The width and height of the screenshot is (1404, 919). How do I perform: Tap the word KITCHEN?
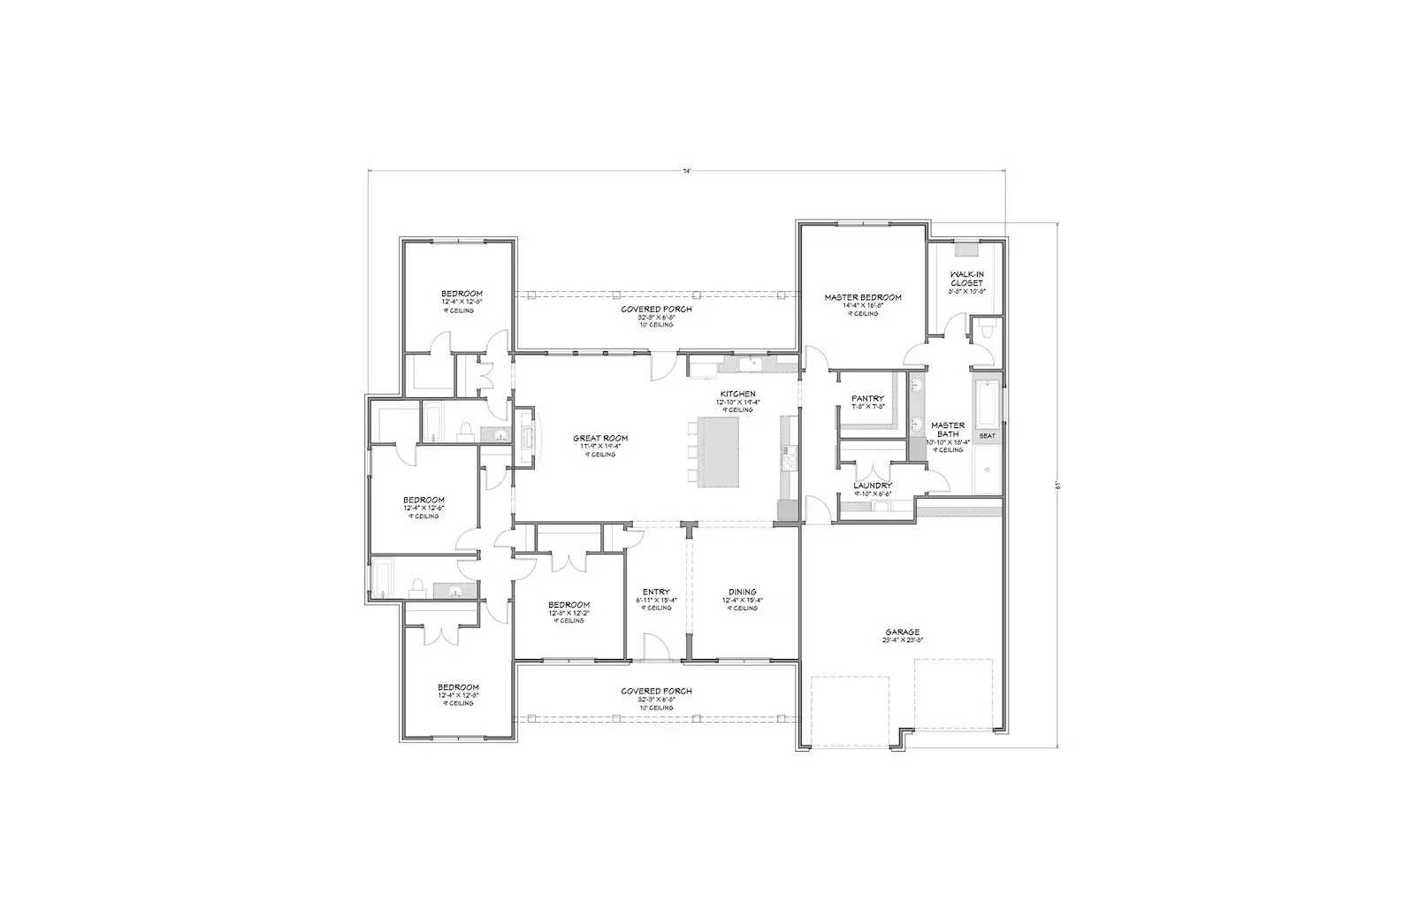tap(736, 394)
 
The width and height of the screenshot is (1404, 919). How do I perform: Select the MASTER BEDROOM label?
tap(862, 297)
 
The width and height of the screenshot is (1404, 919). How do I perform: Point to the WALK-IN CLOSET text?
tap(966, 279)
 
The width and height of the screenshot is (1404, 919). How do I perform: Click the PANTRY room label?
tap(867, 399)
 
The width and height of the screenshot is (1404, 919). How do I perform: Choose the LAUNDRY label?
tap(872, 486)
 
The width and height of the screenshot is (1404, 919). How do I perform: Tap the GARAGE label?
tap(902, 632)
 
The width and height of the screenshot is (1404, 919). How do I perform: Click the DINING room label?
tap(742, 593)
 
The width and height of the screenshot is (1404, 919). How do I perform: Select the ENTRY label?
tap(656, 593)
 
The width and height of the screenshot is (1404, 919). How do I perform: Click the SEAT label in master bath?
tap(987, 436)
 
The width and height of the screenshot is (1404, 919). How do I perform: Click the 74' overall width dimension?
tap(686, 171)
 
